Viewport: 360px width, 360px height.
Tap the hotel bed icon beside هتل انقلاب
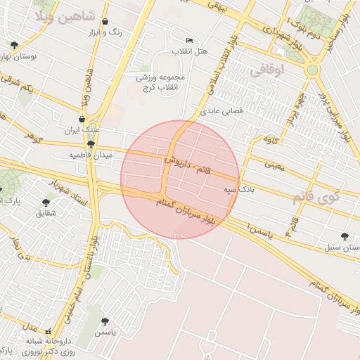point(188,40)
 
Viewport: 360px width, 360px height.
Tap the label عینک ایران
point(83,130)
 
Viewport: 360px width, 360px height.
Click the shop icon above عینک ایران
point(83,119)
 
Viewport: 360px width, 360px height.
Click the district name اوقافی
point(285,70)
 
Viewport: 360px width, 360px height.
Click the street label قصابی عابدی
point(221,110)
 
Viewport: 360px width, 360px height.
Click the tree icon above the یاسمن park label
point(105,321)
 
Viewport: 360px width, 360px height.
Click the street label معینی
point(274,166)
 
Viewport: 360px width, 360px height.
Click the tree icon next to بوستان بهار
point(14,45)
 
